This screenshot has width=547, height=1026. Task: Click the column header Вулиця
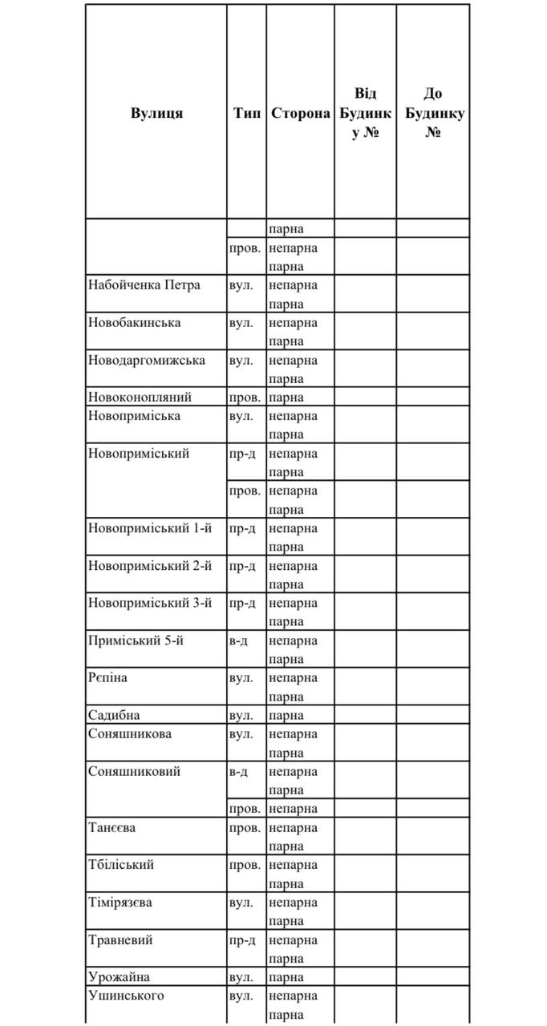pos(156,113)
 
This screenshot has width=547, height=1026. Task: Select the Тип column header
pos(246,113)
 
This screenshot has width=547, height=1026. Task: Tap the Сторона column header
pos(300,113)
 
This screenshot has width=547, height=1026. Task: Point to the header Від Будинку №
pos(365,113)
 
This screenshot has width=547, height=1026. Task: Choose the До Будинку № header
pos(433,113)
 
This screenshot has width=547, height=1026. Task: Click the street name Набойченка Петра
pos(144,285)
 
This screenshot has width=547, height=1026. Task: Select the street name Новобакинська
pos(134,322)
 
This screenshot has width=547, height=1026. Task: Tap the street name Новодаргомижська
pos(146,360)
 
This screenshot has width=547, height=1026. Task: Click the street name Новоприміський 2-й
pos(150,566)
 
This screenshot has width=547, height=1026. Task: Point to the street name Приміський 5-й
pos(136,640)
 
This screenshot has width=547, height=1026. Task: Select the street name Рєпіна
pos(107,678)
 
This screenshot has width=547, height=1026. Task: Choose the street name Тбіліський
pos(120,865)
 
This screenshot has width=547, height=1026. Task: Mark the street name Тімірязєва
pos(120,903)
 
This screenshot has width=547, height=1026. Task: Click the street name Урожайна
pos(119,977)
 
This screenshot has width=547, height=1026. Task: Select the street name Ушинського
pos(126,996)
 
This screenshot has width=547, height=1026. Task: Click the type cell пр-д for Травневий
pos(242,940)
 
